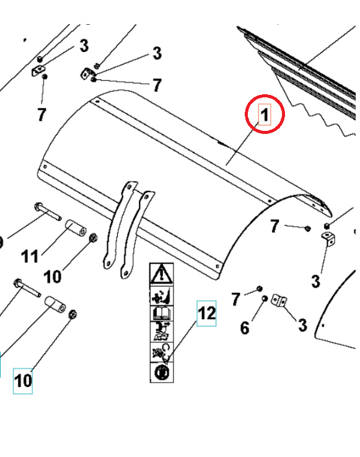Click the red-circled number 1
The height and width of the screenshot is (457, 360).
pyautogui.click(x=265, y=115)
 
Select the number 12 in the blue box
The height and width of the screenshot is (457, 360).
pyautogui.click(x=206, y=314)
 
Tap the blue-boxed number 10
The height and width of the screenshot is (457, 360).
pyautogui.click(x=23, y=379)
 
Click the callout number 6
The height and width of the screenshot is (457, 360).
pyautogui.click(x=245, y=327)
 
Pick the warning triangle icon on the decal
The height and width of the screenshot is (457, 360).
pyautogui.click(x=162, y=272)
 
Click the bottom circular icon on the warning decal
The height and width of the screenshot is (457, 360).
pyautogui.click(x=161, y=372)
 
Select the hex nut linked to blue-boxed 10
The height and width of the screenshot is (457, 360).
pyautogui.click(x=72, y=314)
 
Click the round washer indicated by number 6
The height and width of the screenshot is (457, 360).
pyautogui.click(x=265, y=299)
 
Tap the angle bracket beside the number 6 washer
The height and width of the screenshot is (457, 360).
pyautogui.click(x=281, y=301)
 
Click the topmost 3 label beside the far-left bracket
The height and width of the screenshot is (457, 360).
pyautogui.click(x=84, y=46)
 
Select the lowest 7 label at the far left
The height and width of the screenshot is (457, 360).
pyautogui.click(x=41, y=115)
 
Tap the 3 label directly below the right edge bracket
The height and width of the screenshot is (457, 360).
pyautogui.click(x=316, y=282)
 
